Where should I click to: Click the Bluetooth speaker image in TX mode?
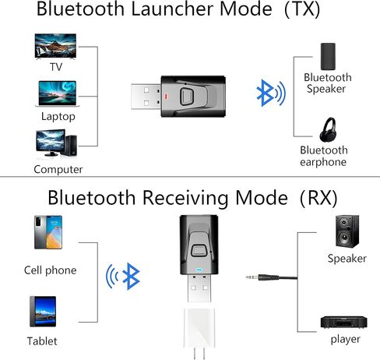pos(328,55)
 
